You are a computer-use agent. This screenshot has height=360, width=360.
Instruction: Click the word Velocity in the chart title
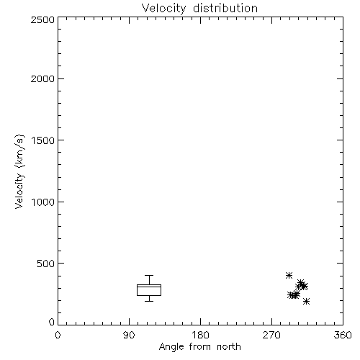(164, 9)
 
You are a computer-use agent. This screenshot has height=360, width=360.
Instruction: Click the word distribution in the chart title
(225, 8)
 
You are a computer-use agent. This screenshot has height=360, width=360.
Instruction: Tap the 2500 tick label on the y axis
(42, 19)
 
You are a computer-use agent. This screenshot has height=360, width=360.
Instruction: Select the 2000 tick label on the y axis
(42, 79)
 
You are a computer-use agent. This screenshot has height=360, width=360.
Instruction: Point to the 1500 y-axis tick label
(43, 140)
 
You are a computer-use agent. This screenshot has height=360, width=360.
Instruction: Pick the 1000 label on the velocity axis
(43, 202)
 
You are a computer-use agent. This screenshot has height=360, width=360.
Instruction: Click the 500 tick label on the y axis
(46, 264)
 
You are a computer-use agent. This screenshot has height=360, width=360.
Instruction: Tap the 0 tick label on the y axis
(52, 322)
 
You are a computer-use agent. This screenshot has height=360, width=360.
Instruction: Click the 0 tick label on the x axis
(58, 335)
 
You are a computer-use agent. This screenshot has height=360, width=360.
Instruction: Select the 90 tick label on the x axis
(129, 335)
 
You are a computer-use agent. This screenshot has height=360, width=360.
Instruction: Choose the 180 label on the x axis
(200, 335)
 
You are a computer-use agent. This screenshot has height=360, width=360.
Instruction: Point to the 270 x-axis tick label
(271, 335)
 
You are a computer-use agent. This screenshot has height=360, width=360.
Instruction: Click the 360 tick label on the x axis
(343, 335)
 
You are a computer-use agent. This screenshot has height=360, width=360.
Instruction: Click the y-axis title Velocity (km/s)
(19, 171)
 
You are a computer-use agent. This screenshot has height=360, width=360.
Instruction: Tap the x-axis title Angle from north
(200, 347)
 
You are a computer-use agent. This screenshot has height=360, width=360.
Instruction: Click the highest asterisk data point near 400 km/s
(289, 275)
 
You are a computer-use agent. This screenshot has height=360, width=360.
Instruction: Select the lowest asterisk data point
(306, 301)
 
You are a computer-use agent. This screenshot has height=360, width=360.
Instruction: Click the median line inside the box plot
(149, 287)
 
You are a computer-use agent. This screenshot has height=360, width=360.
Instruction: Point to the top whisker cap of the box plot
(149, 275)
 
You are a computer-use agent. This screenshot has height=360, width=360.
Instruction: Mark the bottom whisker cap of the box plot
(149, 301)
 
